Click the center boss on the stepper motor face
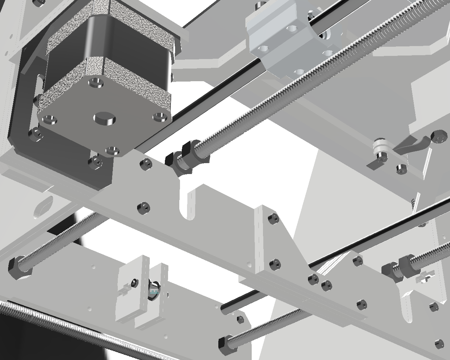click(104, 118)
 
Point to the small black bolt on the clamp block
click(134, 282)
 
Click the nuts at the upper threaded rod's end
click(183, 158)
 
